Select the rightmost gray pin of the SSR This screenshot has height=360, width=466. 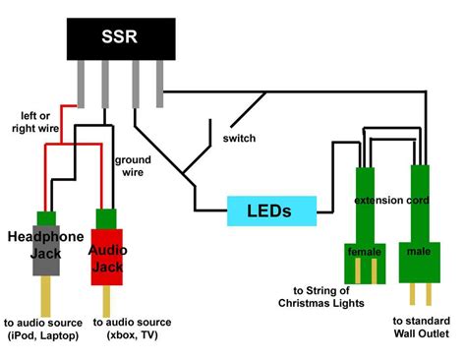(158, 88)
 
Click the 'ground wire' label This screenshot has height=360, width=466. (133, 164)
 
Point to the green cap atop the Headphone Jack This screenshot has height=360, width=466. (45, 218)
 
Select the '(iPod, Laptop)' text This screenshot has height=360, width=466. (44, 335)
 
